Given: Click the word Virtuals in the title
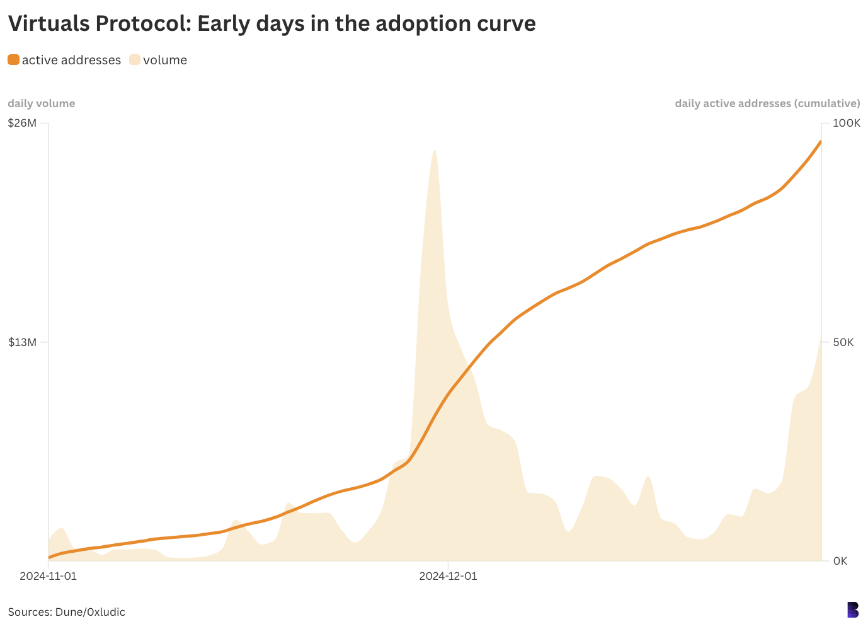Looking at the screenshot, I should [x=47, y=23].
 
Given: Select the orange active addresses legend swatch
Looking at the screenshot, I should [x=13, y=60].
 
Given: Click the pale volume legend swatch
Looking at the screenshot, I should [x=135, y=60].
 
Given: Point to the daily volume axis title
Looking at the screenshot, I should [x=41, y=103].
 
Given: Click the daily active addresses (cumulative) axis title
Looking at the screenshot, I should [x=767, y=103].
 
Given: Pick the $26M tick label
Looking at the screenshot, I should [x=22, y=123].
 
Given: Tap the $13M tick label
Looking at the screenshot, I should [x=22, y=342].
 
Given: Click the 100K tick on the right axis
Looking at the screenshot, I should [x=846, y=123].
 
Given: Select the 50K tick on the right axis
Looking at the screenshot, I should [x=843, y=342].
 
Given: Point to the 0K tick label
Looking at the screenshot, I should [x=840, y=561].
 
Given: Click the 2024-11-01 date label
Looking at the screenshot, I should [x=49, y=576].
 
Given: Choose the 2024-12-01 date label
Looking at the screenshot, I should [x=448, y=576].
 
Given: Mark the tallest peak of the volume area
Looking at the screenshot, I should [x=435, y=151].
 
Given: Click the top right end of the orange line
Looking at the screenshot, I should [x=820, y=142].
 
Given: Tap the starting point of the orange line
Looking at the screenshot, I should [x=49, y=557].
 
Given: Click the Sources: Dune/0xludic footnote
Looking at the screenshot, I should [x=66, y=612].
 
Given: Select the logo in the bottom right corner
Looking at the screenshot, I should [x=853, y=609].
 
